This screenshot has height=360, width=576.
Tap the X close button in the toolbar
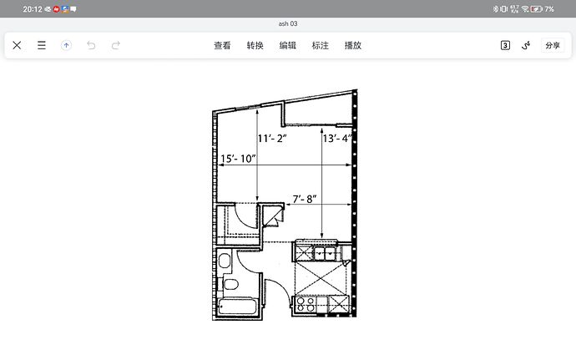(17, 45)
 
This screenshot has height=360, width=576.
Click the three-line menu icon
(42, 45)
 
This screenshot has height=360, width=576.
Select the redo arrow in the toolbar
(116, 45)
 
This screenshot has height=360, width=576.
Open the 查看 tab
(222, 45)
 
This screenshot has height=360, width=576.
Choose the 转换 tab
(255, 45)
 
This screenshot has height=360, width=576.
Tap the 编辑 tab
(288, 45)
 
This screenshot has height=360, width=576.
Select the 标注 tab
(320, 45)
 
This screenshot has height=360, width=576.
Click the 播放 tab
(352, 45)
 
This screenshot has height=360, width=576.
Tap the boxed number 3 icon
(505, 45)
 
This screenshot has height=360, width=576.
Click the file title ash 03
(288, 23)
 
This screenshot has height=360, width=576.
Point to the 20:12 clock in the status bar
(33, 9)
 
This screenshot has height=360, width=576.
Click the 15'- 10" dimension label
(238, 159)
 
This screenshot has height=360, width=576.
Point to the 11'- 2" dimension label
(272, 139)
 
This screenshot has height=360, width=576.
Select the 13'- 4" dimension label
(337, 139)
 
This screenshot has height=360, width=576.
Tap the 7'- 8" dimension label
(305, 199)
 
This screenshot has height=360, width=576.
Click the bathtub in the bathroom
(237, 307)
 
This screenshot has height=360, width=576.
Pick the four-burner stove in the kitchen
(306, 305)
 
